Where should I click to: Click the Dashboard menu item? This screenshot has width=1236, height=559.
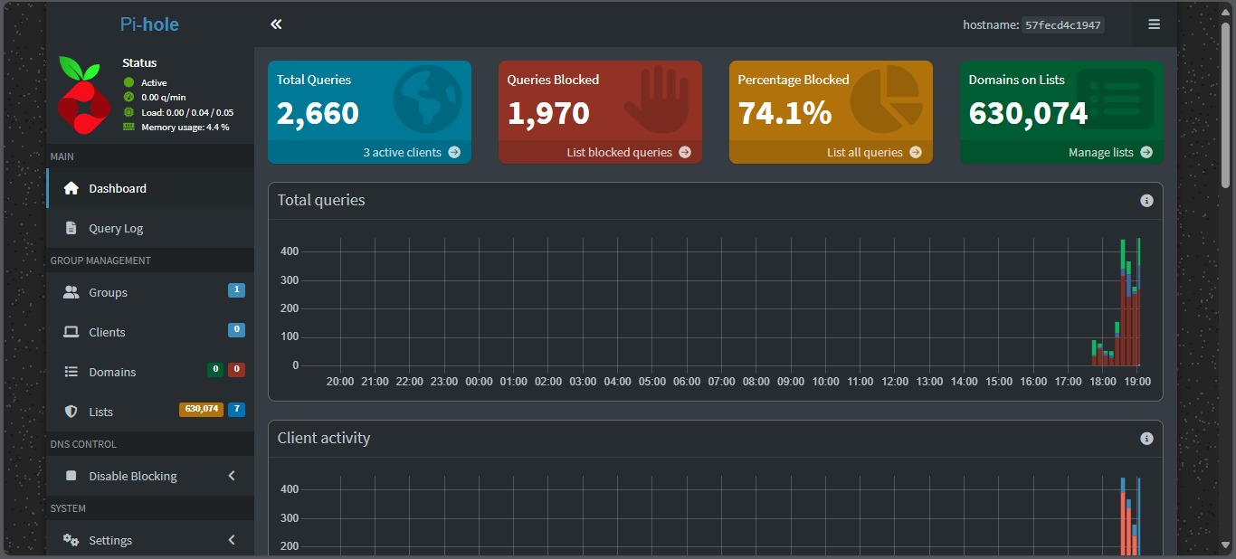point(118,188)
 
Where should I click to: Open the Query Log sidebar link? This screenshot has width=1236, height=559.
point(116,228)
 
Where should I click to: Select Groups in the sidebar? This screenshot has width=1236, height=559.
point(108,292)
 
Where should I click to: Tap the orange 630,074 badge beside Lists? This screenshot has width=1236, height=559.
point(201,409)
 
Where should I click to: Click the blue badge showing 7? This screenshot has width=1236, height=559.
point(236,409)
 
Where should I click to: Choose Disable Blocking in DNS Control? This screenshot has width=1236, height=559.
point(133,476)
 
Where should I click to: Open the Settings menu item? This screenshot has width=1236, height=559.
point(110,540)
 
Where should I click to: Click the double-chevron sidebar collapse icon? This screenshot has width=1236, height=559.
point(276,24)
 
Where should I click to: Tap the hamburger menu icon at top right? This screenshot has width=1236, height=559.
point(1154,24)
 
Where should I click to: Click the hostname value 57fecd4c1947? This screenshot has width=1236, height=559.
point(1062,25)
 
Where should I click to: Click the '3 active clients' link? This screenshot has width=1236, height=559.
point(411,152)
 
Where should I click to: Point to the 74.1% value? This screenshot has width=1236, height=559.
point(784,113)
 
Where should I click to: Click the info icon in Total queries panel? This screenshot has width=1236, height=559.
point(1146,200)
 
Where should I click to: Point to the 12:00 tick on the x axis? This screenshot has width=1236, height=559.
point(895,382)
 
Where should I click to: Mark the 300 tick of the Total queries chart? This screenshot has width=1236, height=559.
point(290,279)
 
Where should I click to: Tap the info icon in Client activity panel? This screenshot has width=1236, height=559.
point(1146,438)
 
